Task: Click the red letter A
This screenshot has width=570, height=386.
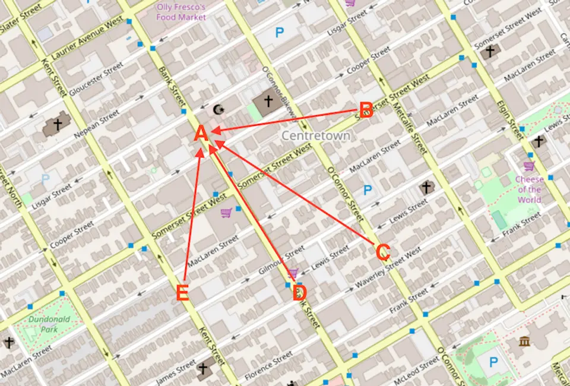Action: click(x=201, y=134)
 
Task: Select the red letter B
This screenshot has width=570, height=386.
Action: click(x=366, y=110)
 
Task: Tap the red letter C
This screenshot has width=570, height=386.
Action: click(x=383, y=252)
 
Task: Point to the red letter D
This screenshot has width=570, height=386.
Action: click(x=299, y=292)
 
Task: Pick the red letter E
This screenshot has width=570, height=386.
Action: click(x=183, y=293)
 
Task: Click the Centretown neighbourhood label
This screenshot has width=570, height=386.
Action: click(x=315, y=136)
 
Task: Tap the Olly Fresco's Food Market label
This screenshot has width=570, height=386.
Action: click(x=181, y=12)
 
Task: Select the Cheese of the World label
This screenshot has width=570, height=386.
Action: click(x=528, y=189)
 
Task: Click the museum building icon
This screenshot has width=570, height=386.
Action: click(x=524, y=341)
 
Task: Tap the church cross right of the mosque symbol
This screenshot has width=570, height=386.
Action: click(x=267, y=102)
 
